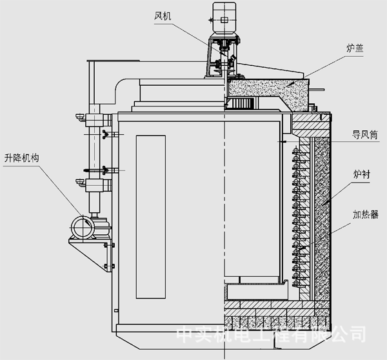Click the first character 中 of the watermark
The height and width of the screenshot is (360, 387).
[x=186, y=335]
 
